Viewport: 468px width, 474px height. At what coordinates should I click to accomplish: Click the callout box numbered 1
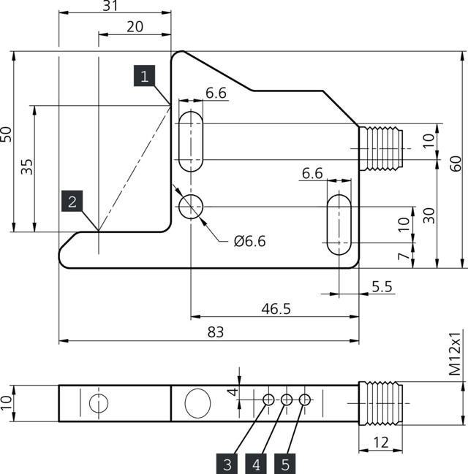[x=144, y=76]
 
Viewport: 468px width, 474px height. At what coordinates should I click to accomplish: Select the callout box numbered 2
[x=72, y=202]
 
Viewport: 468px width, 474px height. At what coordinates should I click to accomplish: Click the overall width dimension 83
[x=215, y=332]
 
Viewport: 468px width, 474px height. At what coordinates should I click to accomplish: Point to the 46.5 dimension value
[x=276, y=309]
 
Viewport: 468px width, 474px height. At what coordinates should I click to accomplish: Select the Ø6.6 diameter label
[x=249, y=241]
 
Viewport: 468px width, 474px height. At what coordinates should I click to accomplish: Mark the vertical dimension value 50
[x=7, y=134]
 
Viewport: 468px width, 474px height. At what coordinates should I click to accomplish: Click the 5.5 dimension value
[x=382, y=287]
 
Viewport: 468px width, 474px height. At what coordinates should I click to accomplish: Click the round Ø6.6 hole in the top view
[x=190, y=207]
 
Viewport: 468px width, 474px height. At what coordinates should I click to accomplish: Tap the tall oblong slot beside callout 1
[x=190, y=141]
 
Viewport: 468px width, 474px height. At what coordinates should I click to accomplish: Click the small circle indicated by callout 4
[x=287, y=400]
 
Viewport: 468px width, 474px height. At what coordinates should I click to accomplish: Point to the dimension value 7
[x=401, y=257]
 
